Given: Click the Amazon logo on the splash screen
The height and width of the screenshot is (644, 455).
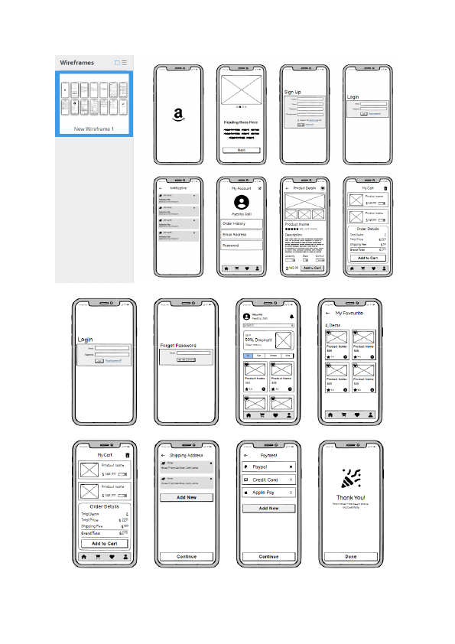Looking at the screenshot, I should coord(178,115).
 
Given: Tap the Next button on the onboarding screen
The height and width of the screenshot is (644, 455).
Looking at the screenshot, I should coord(242,151).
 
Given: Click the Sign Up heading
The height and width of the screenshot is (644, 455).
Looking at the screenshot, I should coord(292,93).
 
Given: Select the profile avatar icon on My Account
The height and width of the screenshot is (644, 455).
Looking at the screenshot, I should coord(242,203).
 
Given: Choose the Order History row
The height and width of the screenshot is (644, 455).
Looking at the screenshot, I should coord(242,223).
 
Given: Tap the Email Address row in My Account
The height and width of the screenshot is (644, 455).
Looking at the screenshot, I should coord(242,235).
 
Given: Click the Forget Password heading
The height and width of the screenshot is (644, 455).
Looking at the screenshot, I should coord(178,346).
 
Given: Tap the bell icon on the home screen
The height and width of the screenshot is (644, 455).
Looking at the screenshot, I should coord(291,317).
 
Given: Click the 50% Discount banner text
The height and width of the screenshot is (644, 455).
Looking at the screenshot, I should coord(258,340).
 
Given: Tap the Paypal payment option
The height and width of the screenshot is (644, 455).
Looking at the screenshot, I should coord(268,467).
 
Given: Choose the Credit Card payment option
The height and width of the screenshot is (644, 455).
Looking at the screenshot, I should coord(268,480).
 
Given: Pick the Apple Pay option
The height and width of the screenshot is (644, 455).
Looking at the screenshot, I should coord(268,493).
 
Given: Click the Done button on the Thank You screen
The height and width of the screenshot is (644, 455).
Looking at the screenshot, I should coord(350,557).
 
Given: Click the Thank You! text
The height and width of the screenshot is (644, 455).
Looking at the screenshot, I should coord(350,497).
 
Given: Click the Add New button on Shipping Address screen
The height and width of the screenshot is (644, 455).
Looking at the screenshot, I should coord(187,497).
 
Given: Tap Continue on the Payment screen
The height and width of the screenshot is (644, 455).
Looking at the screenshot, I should coord(268,557).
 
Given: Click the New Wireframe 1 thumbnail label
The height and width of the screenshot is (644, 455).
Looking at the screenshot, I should coord(94,129).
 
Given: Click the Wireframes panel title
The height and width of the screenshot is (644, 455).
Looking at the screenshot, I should coord(77,62).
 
